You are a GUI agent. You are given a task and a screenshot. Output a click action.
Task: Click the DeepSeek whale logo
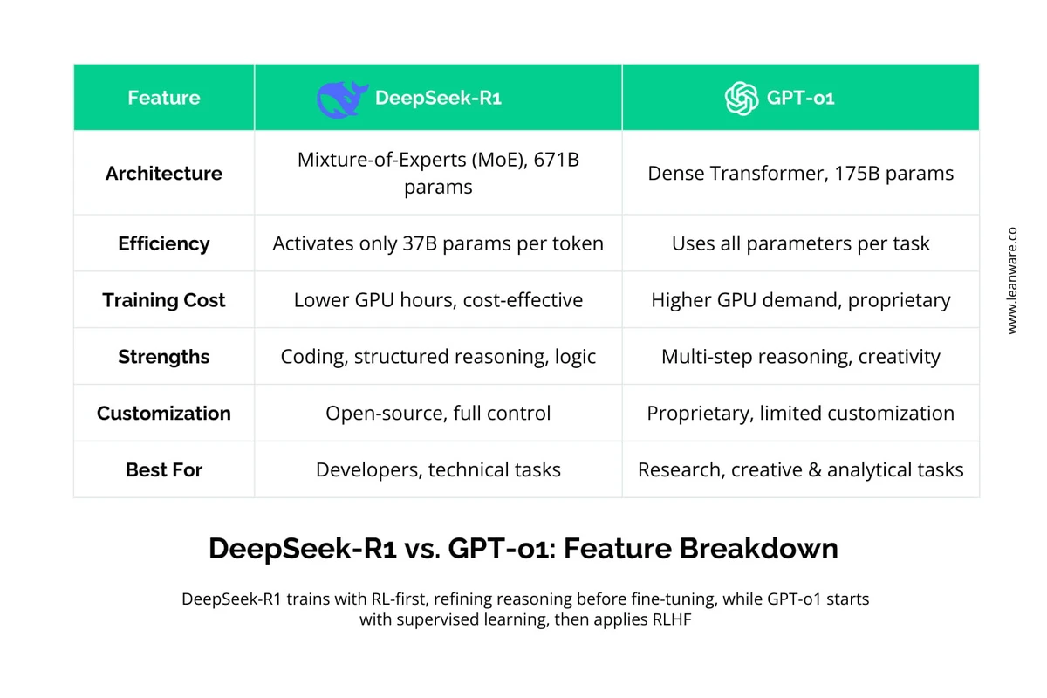tap(343, 99)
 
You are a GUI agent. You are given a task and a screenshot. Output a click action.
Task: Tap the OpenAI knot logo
tap(742, 99)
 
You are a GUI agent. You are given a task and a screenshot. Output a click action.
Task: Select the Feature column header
tap(164, 98)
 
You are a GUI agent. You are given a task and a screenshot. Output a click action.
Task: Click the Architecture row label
tap(164, 174)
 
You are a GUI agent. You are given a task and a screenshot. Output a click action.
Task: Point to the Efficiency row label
tap(164, 243)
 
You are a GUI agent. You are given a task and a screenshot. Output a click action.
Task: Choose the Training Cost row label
tap(164, 300)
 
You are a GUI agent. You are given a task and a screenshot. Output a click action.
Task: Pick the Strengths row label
tap(164, 357)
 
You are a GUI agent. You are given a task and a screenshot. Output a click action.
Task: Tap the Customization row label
tap(164, 414)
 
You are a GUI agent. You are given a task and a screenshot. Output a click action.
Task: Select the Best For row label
tap(164, 470)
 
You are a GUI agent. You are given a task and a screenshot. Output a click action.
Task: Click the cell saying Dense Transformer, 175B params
tap(800, 174)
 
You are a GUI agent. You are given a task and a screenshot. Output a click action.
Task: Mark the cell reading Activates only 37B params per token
tap(438, 243)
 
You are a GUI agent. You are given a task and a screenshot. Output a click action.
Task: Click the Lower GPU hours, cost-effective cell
tap(438, 300)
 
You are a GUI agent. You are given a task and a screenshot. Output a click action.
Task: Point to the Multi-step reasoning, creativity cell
tap(800, 357)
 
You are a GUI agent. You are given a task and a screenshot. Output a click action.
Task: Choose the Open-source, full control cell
tap(438, 414)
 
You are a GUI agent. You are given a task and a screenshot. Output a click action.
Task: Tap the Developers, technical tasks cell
tap(438, 470)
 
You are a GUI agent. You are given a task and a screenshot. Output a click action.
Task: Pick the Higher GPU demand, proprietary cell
tap(800, 300)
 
